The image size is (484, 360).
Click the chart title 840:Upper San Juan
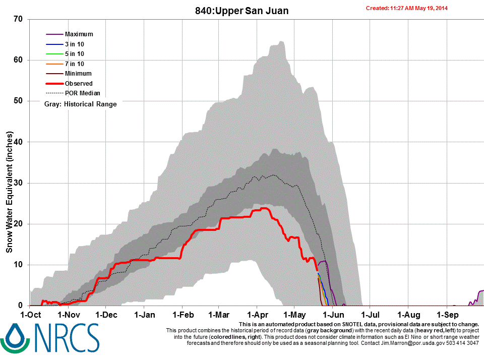point(241,10)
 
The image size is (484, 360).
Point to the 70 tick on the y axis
point(19,20)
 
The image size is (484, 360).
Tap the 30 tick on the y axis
point(19,183)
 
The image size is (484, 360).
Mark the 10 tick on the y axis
point(19,265)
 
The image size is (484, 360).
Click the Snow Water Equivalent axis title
point(9,192)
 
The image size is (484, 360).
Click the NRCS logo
point(50,338)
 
